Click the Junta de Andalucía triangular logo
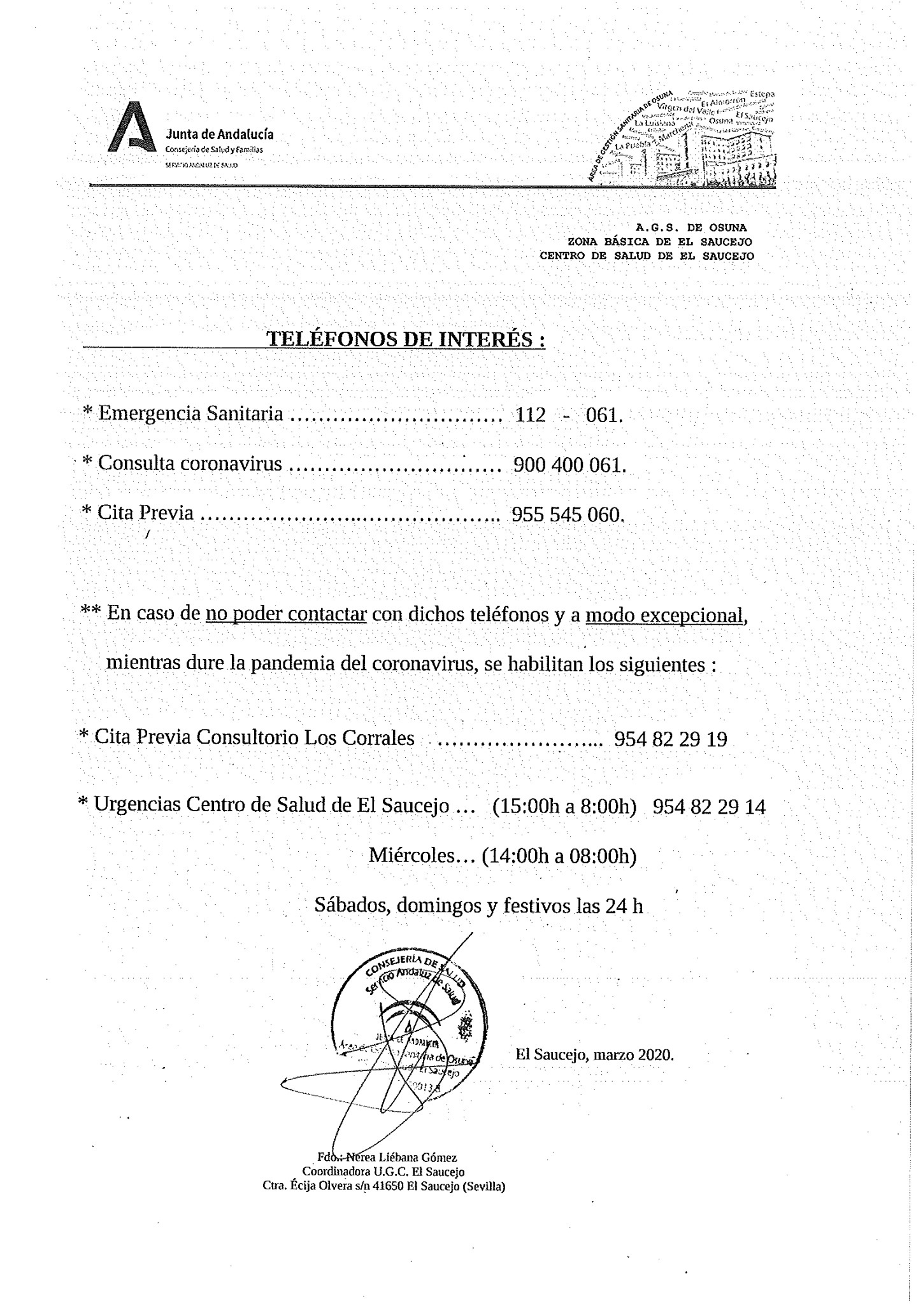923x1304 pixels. click(131, 127)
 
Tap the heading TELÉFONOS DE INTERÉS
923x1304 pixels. click(405, 338)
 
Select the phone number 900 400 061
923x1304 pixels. click(569, 465)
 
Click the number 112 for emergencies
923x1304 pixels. click(531, 415)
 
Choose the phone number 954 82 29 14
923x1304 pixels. click(710, 807)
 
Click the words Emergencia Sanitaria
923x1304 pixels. click(190, 414)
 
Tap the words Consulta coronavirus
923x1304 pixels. click(189, 464)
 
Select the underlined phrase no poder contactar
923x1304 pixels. click(285, 614)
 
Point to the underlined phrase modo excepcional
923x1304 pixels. click(664, 615)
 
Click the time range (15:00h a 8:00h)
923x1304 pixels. click(565, 807)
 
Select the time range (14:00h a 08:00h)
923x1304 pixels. click(559, 856)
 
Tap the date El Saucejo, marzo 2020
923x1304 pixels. click(594, 1054)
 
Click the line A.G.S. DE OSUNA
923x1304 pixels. click(690, 227)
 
